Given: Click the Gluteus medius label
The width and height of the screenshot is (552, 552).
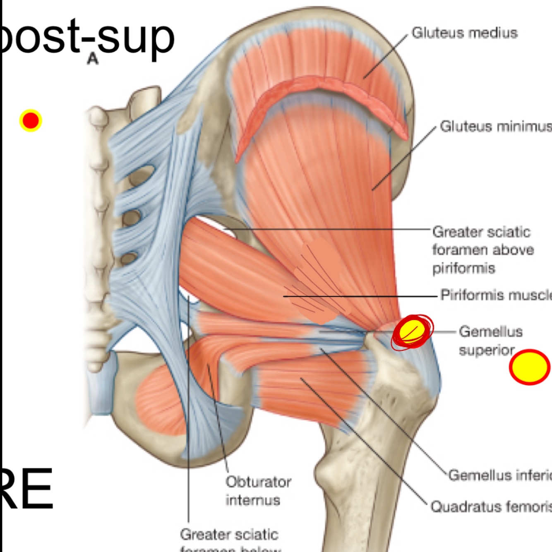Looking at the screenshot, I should (464, 33).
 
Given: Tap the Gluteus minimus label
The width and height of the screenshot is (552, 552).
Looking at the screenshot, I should (495, 126).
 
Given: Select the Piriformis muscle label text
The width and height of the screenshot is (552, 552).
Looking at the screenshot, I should (495, 295).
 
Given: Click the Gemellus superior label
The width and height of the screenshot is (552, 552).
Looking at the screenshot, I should (490, 341).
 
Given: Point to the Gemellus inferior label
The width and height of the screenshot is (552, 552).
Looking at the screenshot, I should (499, 475).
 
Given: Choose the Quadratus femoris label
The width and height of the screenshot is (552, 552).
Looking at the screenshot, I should (491, 506).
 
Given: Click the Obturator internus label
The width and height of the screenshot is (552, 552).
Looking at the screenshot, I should (258, 491).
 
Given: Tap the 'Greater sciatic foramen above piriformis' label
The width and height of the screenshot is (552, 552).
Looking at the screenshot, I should (482, 250).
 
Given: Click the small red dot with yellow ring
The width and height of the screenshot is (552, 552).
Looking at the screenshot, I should (31, 120).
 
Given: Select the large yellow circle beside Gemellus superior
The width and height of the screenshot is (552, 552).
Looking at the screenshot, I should (529, 367).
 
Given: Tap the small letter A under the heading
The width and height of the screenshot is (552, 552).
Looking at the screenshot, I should (93, 59).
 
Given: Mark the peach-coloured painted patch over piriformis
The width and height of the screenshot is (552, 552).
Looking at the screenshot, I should (321, 281).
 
